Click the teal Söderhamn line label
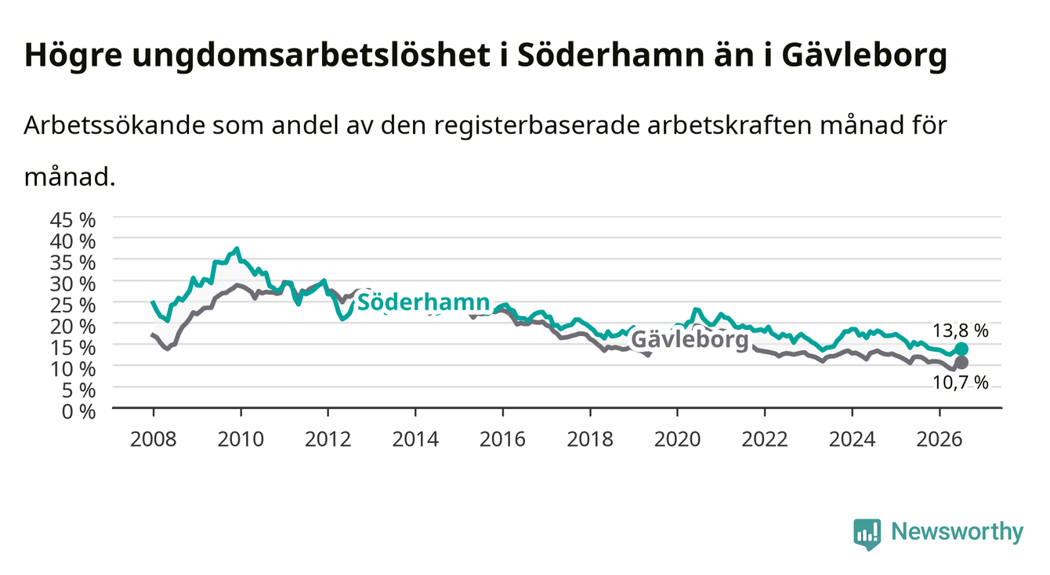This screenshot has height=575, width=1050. (424, 302)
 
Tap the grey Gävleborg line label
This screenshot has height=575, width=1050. (690, 339)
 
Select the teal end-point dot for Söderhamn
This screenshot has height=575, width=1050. (961, 349)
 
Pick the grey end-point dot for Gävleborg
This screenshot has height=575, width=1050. (961, 363)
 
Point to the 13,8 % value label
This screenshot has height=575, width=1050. (960, 331)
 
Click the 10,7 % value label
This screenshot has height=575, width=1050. (960, 383)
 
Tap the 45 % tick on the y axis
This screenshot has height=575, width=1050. (73, 220)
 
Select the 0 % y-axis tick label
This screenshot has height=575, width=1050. (78, 411)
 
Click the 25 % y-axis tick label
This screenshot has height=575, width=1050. (73, 305)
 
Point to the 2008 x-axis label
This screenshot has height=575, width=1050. (154, 439)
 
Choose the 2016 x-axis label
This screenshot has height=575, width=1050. (502, 439)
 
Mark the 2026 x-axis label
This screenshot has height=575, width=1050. (940, 439)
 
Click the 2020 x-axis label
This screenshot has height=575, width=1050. (677, 439)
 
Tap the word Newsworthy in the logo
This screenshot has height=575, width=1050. (958, 532)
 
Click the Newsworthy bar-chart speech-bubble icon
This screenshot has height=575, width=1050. (867, 534)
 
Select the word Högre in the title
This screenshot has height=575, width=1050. (73, 56)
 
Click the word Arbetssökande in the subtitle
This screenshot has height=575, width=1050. (114, 125)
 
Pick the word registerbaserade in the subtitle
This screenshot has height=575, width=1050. (537, 125)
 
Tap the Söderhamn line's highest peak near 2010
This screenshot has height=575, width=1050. (237, 248)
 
